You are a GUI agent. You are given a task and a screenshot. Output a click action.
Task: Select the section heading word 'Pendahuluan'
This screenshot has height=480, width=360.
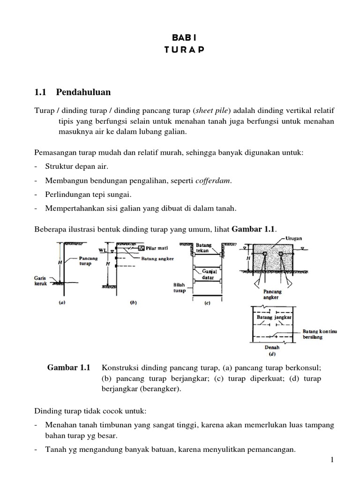83,92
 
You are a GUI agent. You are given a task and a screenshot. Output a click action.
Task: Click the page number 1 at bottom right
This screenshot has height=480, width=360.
332,460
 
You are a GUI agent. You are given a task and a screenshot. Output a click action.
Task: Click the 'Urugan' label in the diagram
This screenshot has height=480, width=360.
294,239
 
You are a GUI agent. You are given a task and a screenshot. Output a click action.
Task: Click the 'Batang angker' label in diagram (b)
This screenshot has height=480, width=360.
156,258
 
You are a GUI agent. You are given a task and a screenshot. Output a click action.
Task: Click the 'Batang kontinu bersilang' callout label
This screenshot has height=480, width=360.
320,334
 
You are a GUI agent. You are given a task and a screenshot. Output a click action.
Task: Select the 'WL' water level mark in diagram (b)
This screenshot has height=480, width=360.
102,250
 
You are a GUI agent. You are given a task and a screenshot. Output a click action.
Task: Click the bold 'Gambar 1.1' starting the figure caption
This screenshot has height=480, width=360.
69,367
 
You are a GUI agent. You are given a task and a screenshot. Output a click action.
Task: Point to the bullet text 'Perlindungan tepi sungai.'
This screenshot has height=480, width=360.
88,195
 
